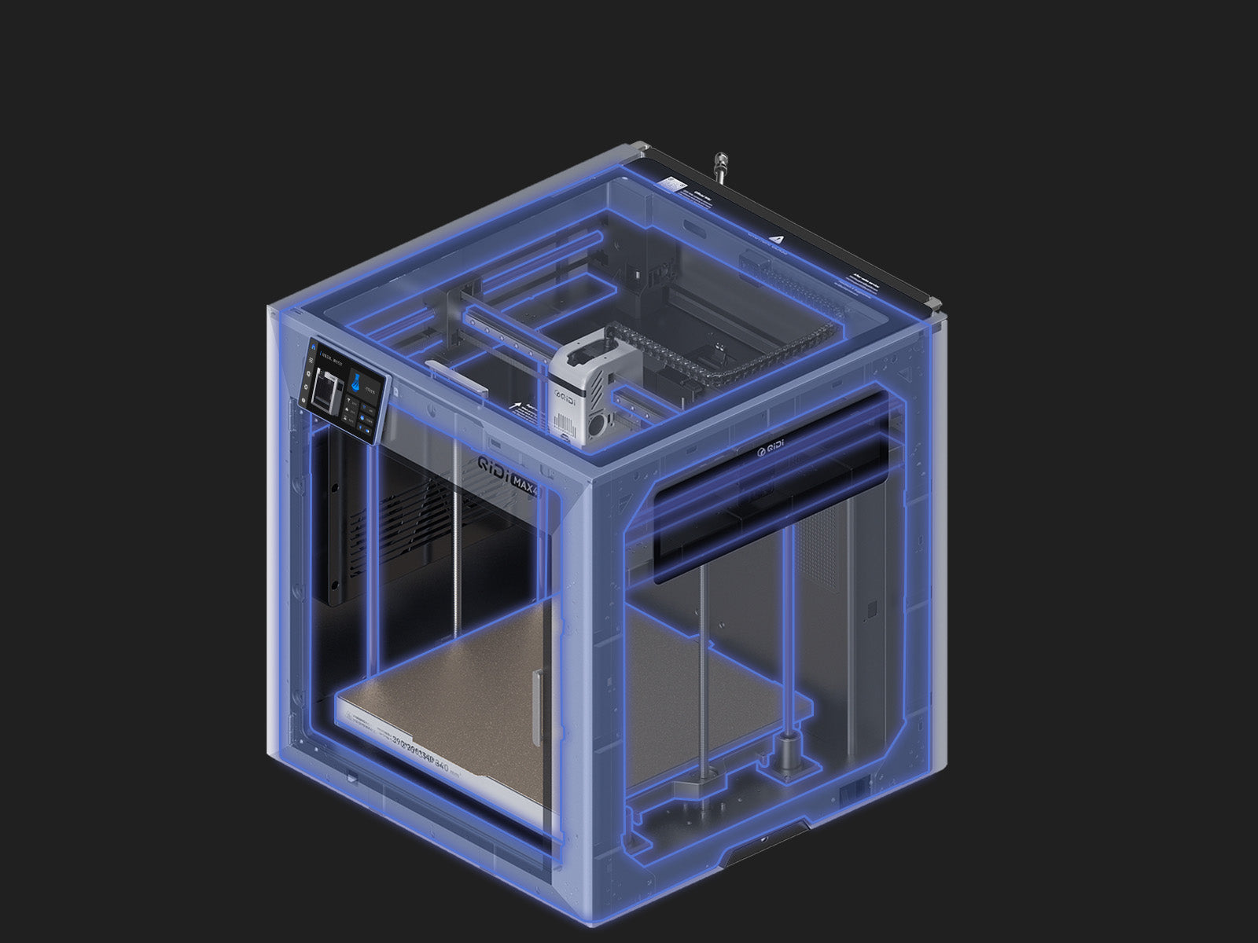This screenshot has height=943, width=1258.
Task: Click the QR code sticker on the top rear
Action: (x=673, y=183)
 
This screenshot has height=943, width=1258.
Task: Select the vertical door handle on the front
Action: (x=537, y=706)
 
